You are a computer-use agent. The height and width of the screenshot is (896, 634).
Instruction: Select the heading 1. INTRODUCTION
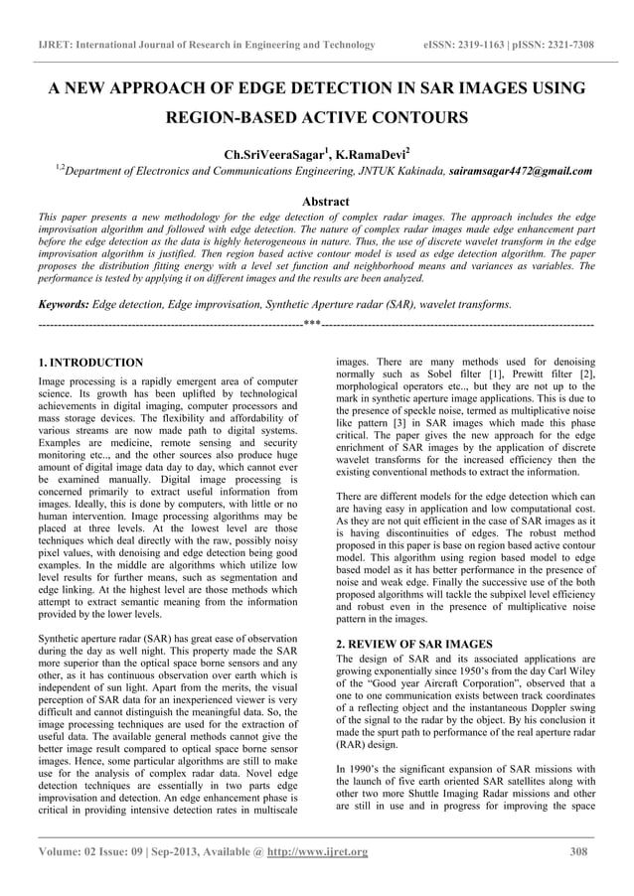(x=90, y=364)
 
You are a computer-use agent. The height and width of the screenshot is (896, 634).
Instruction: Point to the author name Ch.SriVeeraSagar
(x=272, y=155)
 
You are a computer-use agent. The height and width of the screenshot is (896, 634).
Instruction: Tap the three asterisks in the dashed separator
(x=311, y=325)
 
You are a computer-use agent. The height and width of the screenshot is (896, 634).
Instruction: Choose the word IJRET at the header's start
(x=54, y=46)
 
